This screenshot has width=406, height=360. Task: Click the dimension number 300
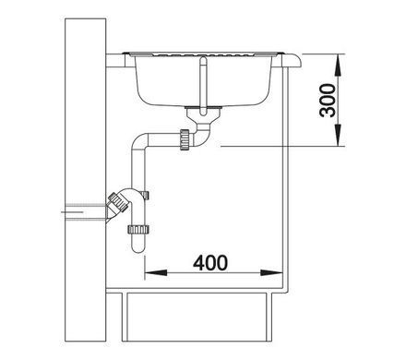coord(328,101)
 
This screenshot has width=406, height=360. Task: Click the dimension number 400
coord(210,263)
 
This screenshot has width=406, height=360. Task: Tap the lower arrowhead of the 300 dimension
coord(339,135)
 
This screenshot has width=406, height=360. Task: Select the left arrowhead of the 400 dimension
coord(156,273)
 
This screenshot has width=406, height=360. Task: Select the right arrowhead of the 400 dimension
coord(271,273)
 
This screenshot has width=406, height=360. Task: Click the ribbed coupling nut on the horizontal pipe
coord(185,139)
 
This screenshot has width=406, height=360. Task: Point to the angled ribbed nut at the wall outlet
coord(118,202)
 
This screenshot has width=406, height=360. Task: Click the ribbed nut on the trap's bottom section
coord(137,230)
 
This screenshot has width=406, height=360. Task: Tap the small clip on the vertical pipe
coord(146,196)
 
